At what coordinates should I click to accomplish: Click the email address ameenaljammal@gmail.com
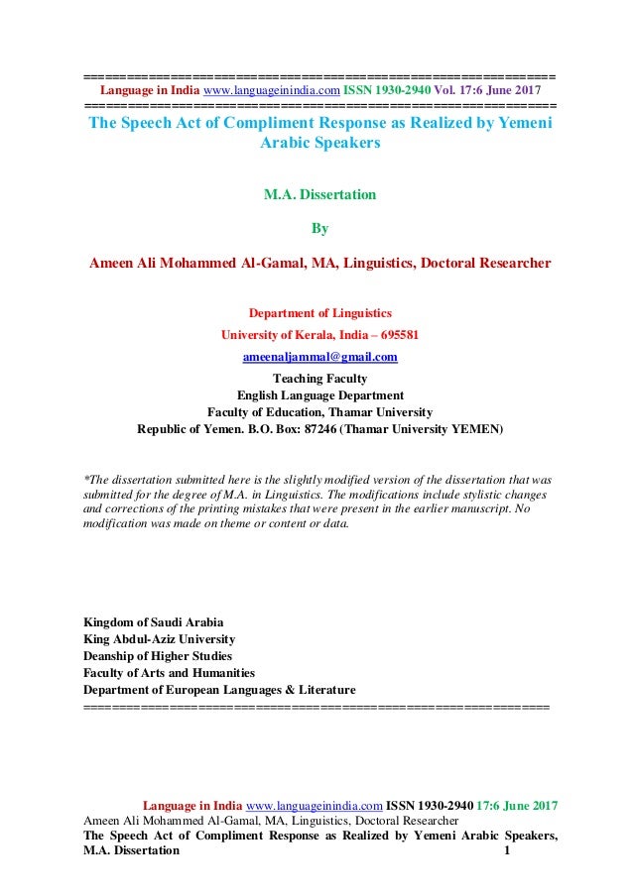[x=319, y=357]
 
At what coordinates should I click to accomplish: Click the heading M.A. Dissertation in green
[x=319, y=195]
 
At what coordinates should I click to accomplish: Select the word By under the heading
[x=319, y=229]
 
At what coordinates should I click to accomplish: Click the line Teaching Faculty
[x=319, y=378]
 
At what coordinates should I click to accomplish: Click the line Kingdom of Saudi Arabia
[x=154, y=622]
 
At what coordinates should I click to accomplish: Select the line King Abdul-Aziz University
[x=160, y=639]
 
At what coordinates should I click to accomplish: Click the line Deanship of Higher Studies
[x=158, y=656]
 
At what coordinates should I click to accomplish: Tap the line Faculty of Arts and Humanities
[x=169, y=673]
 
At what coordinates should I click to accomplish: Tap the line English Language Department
[x=319, y=394]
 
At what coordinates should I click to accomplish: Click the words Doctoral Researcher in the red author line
[x=492, y=263]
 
